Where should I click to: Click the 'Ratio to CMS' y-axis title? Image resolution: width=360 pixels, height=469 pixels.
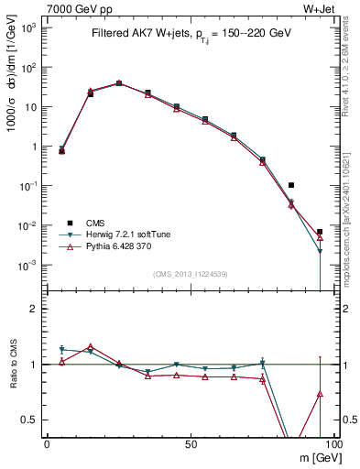click(12, 365)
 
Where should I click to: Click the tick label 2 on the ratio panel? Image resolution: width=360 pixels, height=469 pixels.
click(36, 309)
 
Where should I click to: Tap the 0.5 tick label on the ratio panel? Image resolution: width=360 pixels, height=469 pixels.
click(31, 420)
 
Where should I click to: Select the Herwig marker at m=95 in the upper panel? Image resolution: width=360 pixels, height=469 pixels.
click(320, 251)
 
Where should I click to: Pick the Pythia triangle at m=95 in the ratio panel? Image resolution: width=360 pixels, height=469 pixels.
click(320, 394)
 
